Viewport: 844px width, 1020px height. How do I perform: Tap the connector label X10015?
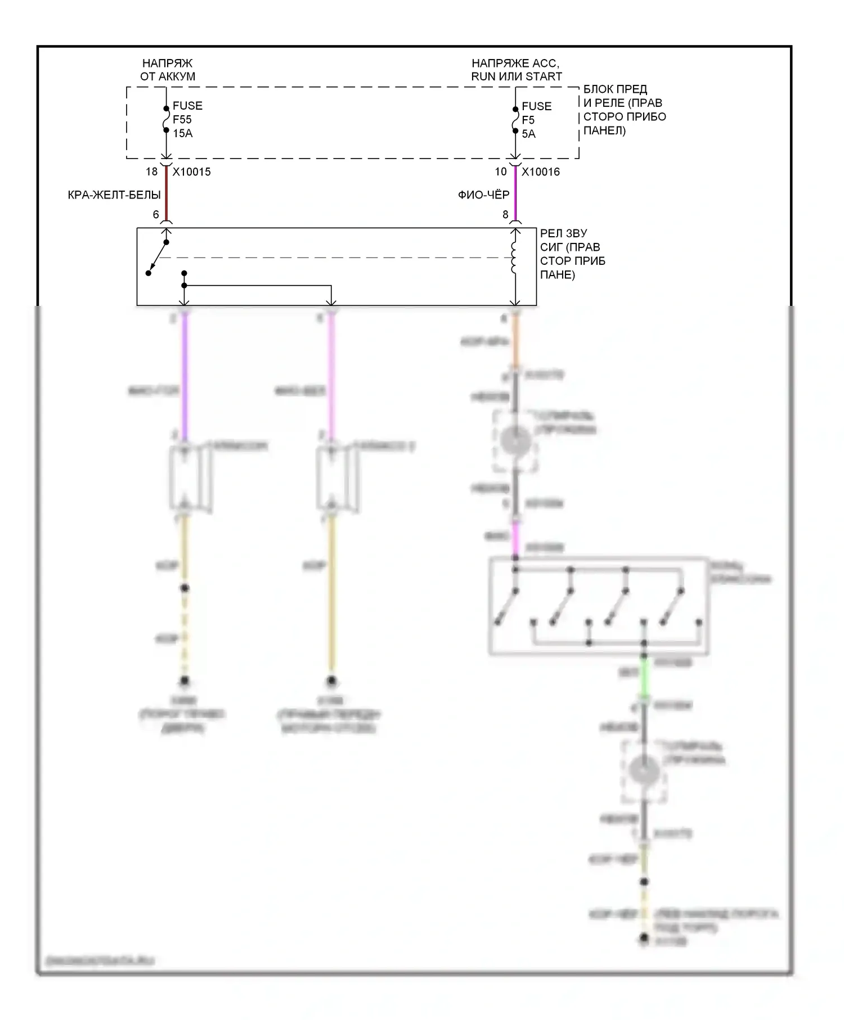coord(191,172)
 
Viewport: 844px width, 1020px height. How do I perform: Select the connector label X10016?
coord(540,172)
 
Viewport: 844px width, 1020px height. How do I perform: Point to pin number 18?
coord(151,172)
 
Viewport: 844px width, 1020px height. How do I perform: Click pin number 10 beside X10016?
coord(501,172)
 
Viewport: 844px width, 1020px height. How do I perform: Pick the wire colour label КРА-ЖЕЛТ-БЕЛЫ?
coord(114,195)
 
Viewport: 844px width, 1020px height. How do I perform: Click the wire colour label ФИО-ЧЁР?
coord(483,195)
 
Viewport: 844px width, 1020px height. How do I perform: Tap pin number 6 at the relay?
coord(156,214)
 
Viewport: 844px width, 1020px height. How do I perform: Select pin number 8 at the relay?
coord(505,214)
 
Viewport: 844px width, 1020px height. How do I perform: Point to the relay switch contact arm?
coord(158,258)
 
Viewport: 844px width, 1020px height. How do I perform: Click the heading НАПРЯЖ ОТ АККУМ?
coord(167,70)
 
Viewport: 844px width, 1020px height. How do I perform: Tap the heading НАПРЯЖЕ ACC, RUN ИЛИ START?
coord(516,70)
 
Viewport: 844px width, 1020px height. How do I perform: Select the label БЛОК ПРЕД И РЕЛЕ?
coord(624,110)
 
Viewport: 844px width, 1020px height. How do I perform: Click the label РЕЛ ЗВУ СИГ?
coord(572,254)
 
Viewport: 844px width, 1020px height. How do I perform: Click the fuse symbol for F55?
coord(166,119)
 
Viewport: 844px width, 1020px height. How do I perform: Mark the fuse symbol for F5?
coord(515,120)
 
